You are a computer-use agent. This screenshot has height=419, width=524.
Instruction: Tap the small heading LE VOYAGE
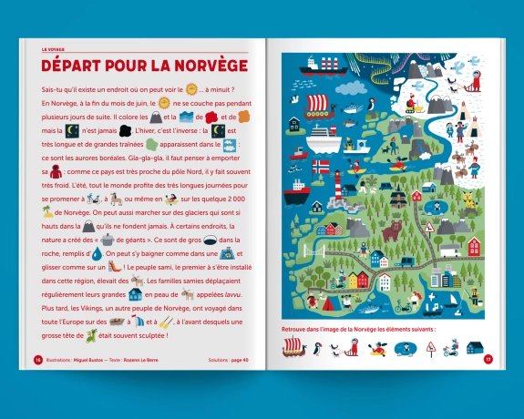click(57, 50)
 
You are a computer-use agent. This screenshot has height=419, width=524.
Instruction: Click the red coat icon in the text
click(56, 172)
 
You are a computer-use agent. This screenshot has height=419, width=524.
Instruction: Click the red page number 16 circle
click(38, 359)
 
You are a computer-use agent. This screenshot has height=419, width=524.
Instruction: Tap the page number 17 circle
click(488, 359)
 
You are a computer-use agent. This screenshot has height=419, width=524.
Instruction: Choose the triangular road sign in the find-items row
click(430, 347)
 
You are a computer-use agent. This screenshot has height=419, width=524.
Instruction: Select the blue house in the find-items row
click(474, 347)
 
